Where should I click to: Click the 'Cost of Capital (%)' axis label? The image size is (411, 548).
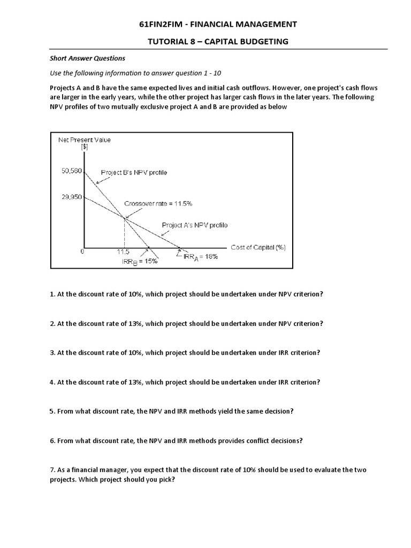[258, 247]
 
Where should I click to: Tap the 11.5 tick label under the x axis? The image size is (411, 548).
[123, 252]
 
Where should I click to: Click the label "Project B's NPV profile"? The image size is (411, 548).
[134, 172]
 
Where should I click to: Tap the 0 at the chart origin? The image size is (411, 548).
[82, 251]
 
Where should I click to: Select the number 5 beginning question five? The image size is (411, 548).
[52, 412]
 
